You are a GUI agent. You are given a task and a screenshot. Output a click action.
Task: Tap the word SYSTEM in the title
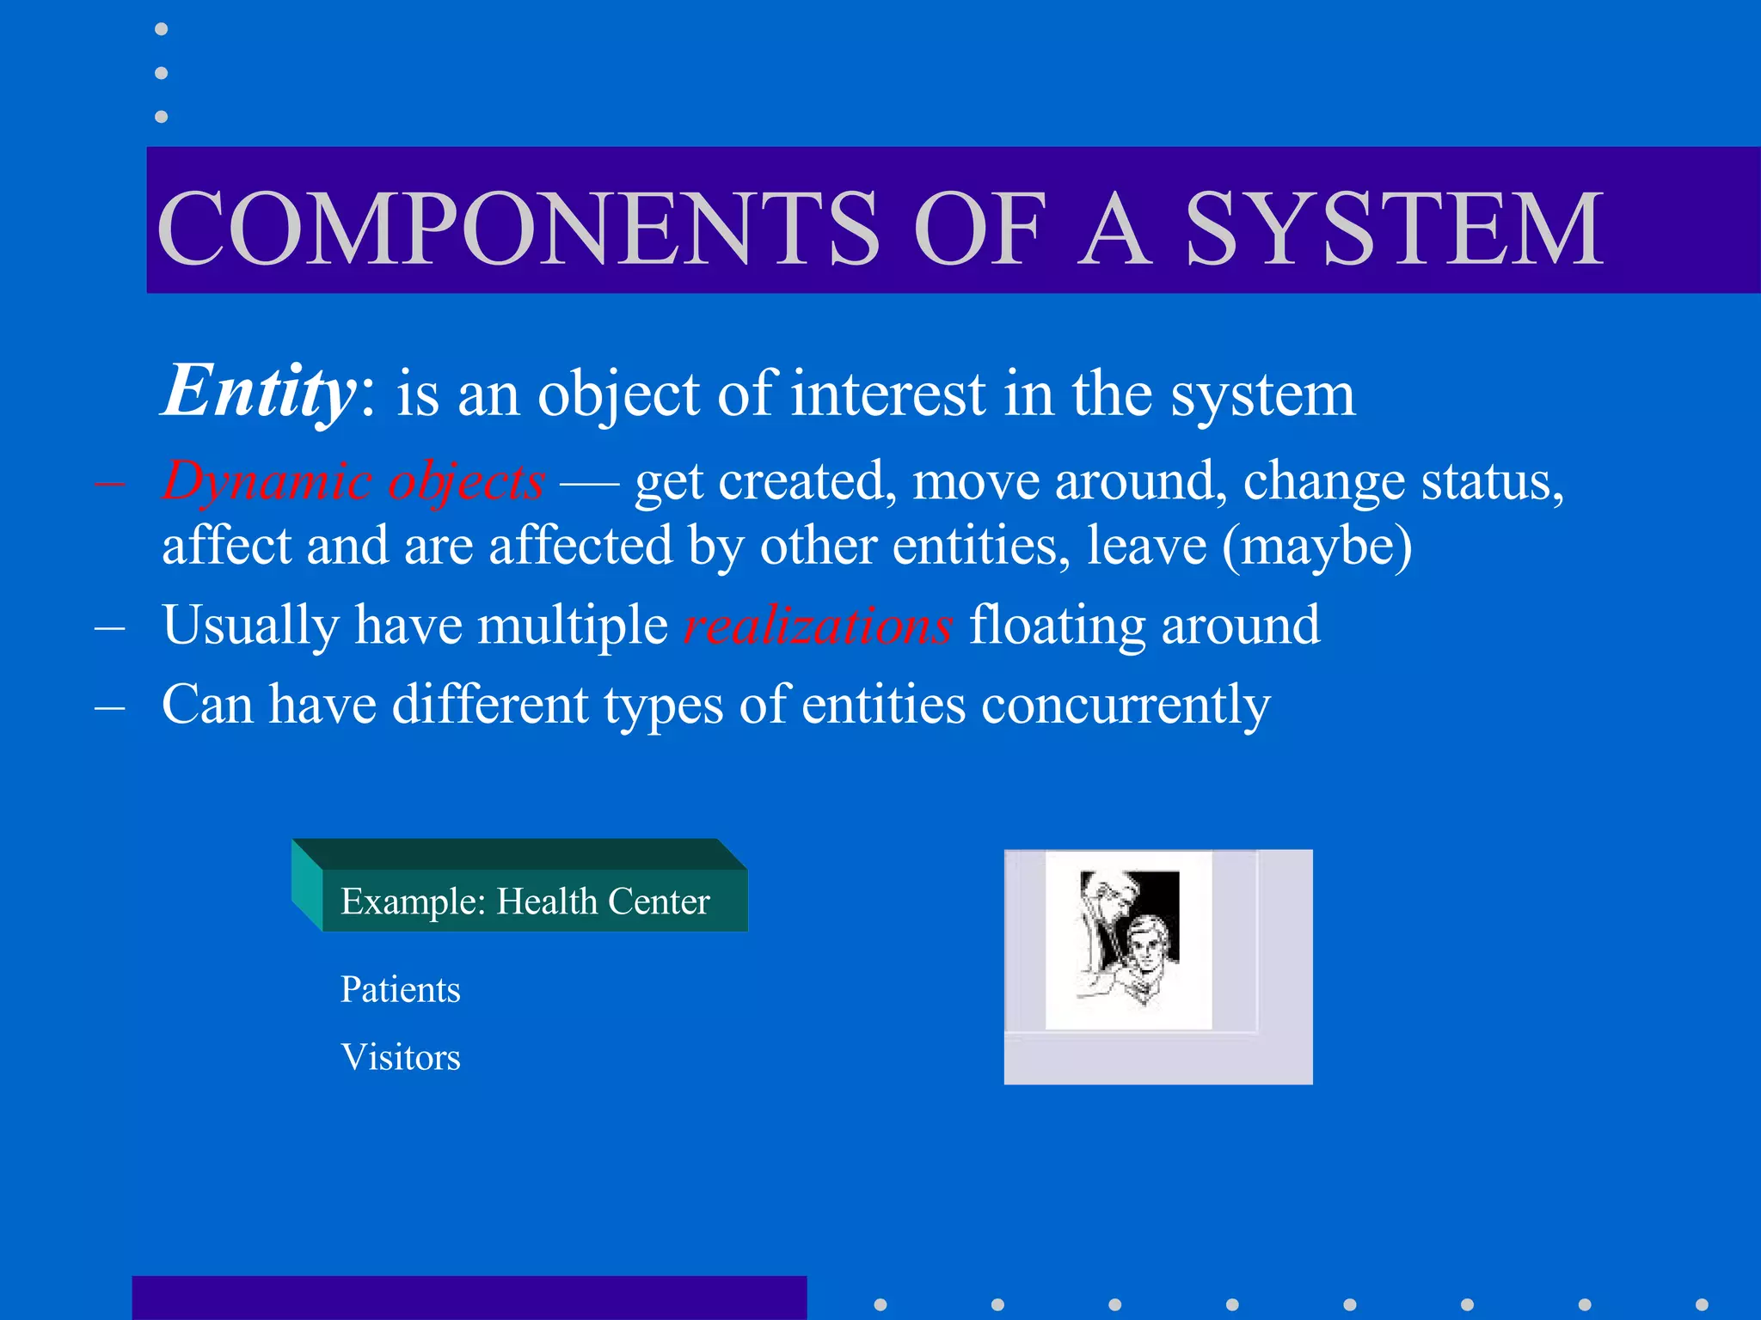[1394, 228]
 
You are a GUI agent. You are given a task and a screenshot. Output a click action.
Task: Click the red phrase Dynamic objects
[353, 481]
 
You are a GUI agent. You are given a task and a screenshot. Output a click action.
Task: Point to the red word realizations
[818, 625]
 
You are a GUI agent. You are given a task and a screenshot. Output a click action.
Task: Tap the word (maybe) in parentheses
[1317, 547]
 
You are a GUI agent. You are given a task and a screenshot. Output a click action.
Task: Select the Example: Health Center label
[525, 901]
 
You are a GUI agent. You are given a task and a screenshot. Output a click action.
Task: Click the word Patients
[401, 989]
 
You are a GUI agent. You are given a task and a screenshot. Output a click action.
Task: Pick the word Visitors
[401, 1057]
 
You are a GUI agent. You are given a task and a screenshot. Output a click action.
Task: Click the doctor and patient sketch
[1128, 939]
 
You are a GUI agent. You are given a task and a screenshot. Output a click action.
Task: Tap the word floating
[1057, 625]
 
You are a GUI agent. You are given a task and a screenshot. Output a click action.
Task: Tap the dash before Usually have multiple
[110, 628]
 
